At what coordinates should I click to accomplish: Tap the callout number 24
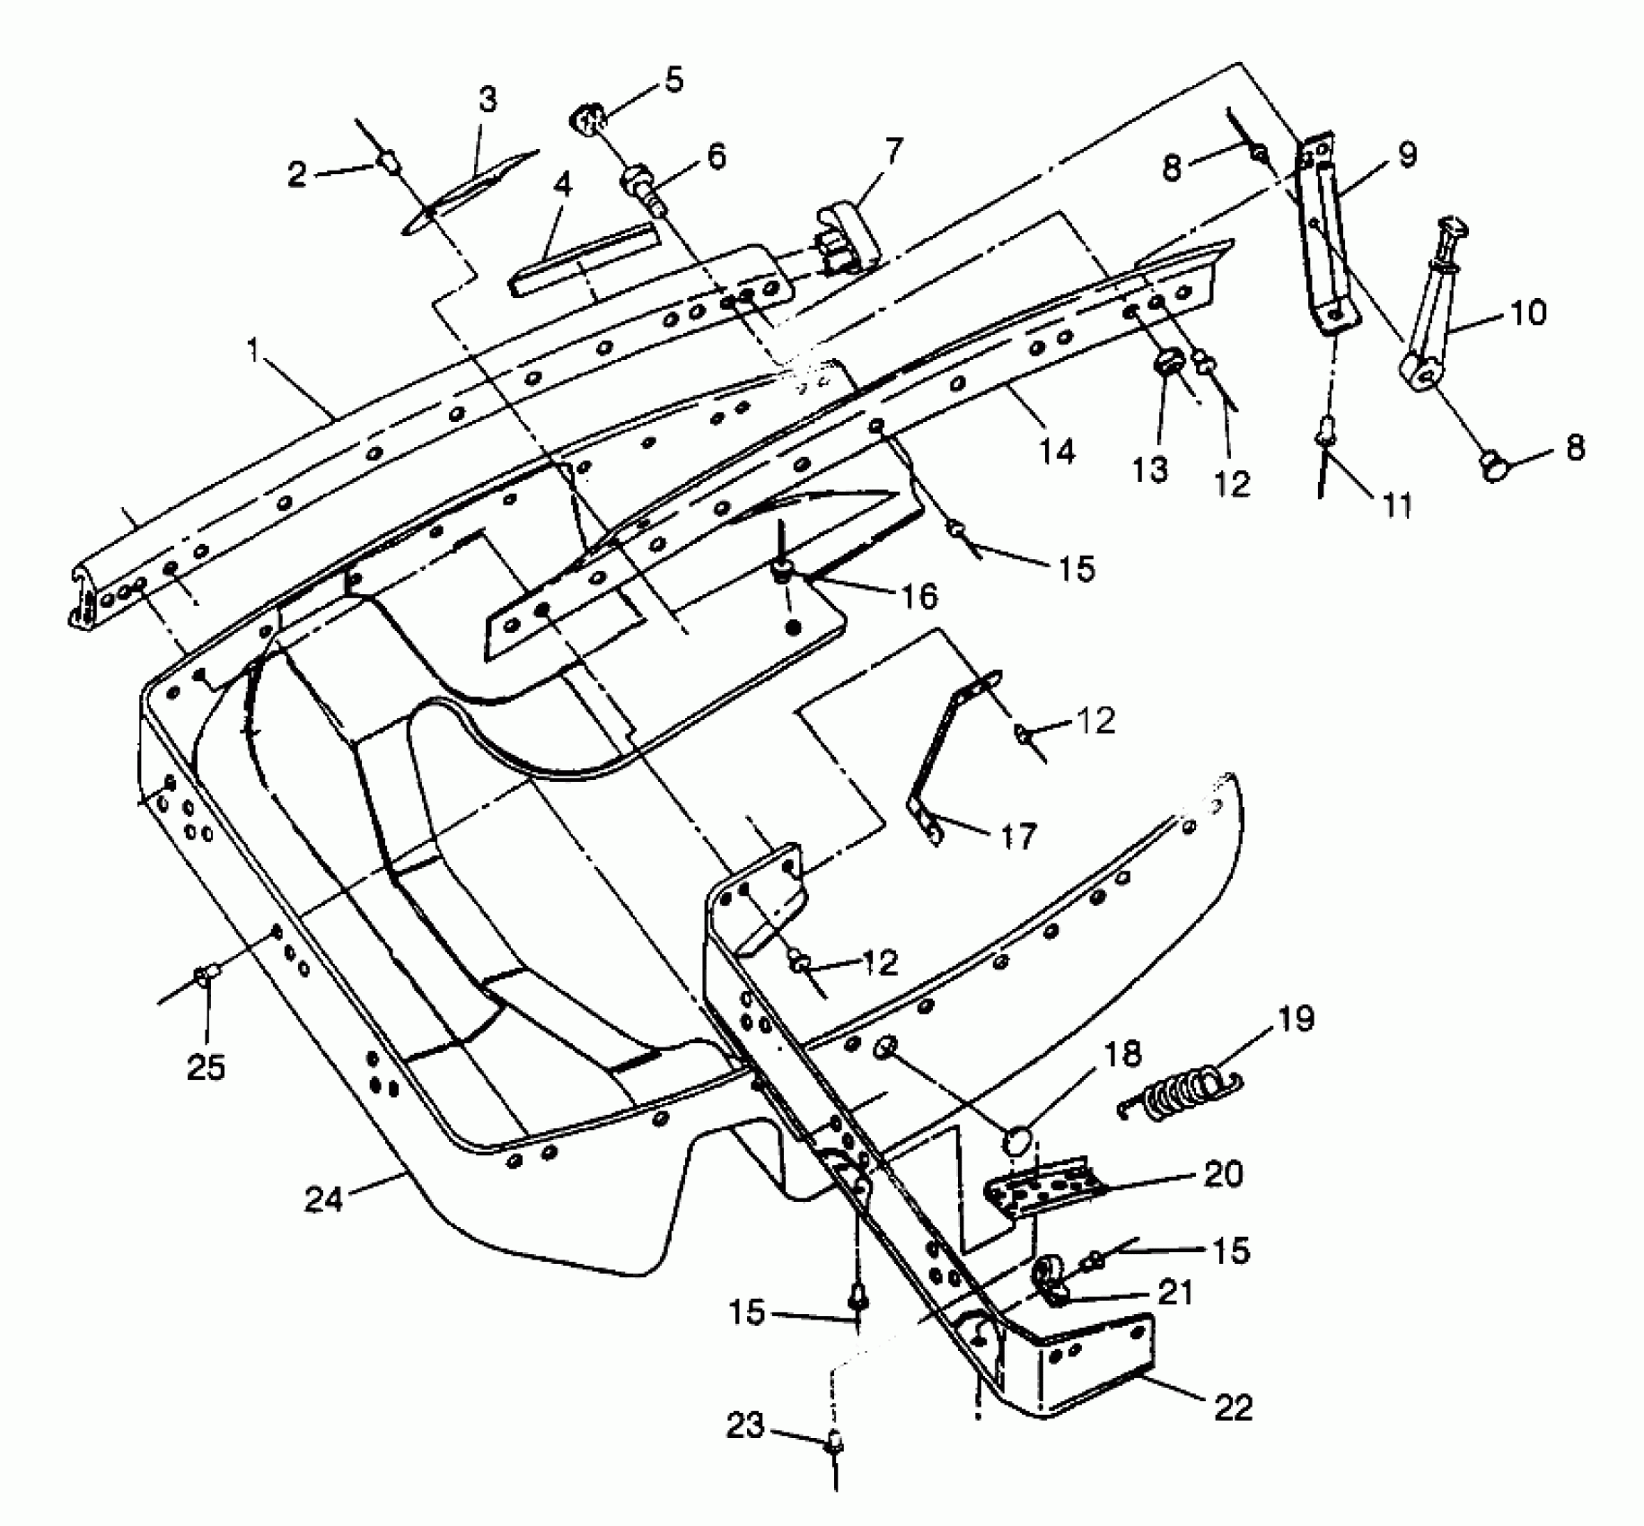click(x=324, y=1199)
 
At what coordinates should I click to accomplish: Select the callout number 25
click(x=206, y=1067)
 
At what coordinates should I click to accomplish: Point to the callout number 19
click(x=1294, y=1020)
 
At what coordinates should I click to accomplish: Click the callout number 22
click(x=1232, y=1407)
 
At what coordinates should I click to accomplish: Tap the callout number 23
click(x=746, y=1425)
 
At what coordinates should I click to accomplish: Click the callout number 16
click(x=919, y=596)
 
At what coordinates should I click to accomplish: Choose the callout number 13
click(x=1151, y=469)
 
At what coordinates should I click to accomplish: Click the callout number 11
click(x=1395, y=505)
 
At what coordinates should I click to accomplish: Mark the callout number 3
click(x=488, y=100)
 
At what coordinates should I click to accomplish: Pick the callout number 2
click(x=298, y=173)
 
